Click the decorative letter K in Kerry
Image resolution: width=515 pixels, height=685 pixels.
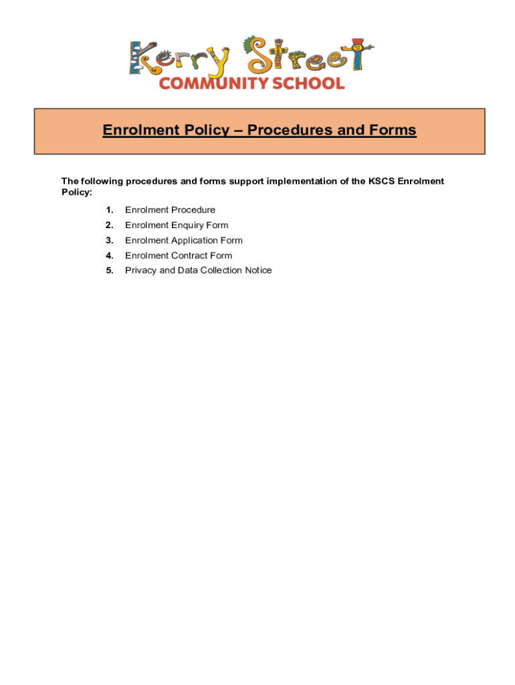coord(142,58)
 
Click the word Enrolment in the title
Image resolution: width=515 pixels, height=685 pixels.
coord(136,130)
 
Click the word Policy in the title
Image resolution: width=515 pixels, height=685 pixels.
coord(201,130)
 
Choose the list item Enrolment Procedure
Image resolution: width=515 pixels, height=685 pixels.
coord(170,210)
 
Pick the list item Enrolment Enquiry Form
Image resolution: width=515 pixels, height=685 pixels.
coord(177,225)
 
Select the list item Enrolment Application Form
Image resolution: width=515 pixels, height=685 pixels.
coord(183,240)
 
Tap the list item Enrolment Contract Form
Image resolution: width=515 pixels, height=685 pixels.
coord(179,256)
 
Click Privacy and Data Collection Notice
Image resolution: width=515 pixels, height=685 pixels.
coord(198,270)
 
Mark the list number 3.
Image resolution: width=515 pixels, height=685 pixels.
coord(109,240)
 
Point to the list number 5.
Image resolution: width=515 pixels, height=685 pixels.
coord(109,270)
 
